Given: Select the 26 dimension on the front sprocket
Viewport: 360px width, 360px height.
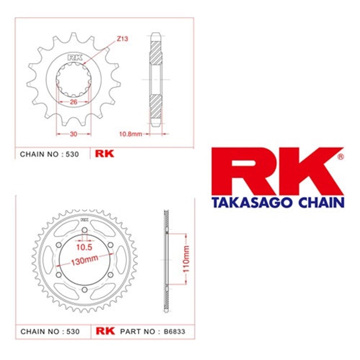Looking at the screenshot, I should point(73,102).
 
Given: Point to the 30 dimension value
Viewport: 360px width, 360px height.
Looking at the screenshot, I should point(73,134).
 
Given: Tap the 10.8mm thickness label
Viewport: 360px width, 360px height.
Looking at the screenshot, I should point(131,134).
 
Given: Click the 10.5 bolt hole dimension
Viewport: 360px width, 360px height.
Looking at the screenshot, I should point(84,247).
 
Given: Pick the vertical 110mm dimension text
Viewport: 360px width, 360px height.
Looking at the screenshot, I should point(186,260).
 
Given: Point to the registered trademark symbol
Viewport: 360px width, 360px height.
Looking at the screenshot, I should point(341,157).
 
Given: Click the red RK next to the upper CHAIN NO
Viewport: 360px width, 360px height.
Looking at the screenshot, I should point(104,154).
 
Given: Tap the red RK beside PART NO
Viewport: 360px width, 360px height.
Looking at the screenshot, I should point(105,331).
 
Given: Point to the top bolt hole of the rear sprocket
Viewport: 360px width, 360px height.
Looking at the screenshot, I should point(84,230).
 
